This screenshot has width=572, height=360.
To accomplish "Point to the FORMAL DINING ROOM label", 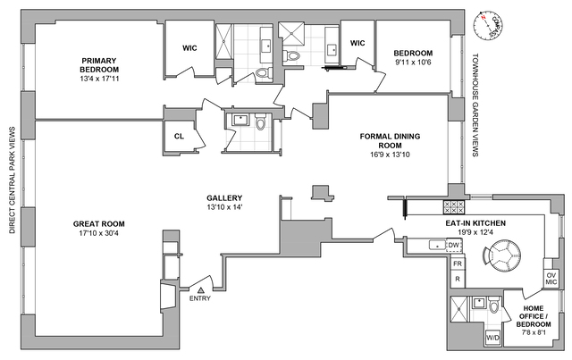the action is pos(390,141).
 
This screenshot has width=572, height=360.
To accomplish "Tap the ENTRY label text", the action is pos(201,299).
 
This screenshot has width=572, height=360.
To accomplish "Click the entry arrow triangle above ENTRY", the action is pos(201,290).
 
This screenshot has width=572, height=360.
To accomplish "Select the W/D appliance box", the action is pos(492,339).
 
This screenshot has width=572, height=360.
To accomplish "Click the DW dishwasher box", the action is pos(453,245).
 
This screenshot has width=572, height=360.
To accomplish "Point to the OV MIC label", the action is pos(551,279).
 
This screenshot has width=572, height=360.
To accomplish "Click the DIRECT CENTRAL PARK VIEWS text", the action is pos(11,180).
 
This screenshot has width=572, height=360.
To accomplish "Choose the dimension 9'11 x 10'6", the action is pos(413,62).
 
